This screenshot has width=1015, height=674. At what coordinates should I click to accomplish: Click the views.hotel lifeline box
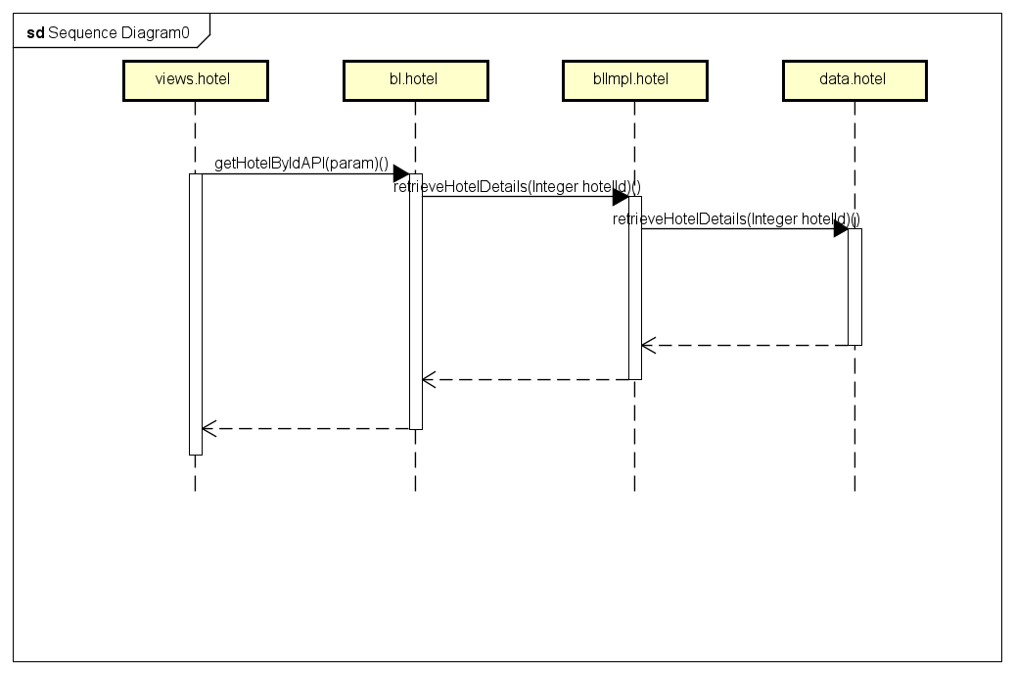[x=196, y=80]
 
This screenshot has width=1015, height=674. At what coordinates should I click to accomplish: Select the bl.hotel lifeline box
[x=416, y=80]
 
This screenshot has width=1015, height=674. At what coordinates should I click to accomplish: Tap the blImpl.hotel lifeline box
[x=635, y=80]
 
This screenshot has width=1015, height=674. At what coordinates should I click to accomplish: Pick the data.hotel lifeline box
[x=854, y=80]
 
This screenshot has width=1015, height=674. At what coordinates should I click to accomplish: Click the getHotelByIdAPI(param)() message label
[x=301, y=164]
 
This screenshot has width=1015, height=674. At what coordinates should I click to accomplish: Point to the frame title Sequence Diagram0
[x=118, y=33]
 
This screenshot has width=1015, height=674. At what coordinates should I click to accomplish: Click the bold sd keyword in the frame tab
[x=35, y=33]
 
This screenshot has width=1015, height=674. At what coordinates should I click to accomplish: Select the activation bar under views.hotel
[x=196, y=314]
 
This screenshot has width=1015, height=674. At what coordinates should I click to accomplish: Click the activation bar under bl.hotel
[x=416, y=302]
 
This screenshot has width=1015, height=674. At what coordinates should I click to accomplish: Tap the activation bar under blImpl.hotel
[x=635, y=288]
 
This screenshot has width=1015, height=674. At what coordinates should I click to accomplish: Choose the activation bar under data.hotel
[x=854, y=286]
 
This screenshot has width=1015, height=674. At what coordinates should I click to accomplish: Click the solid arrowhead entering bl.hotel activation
[x=401, y=173]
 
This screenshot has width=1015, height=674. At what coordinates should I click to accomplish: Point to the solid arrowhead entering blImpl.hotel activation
[x=621, y=196]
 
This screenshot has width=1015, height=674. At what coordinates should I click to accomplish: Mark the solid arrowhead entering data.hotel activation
[x=841, y=228]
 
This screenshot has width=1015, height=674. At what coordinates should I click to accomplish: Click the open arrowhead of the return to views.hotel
[x=209, y=428]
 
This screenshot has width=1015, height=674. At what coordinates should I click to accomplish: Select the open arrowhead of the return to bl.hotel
[x=429, y=380]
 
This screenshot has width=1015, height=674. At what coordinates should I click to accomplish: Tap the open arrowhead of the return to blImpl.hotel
[x=649, y=346]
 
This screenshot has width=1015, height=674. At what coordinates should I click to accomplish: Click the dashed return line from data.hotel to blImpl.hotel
[x=745, y=346]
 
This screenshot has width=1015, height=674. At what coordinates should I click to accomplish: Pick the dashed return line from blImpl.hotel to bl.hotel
[x=526, y=380]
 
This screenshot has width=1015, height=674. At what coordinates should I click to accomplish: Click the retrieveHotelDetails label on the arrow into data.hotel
[x=737, y=219]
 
